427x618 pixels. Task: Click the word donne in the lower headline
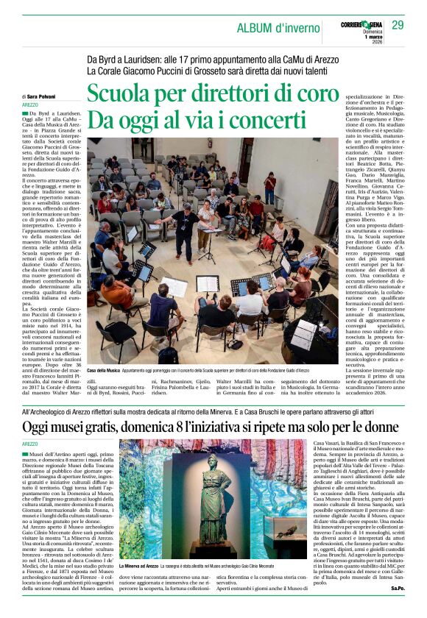(384, 426)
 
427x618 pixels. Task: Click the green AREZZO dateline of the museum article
(30, 444)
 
